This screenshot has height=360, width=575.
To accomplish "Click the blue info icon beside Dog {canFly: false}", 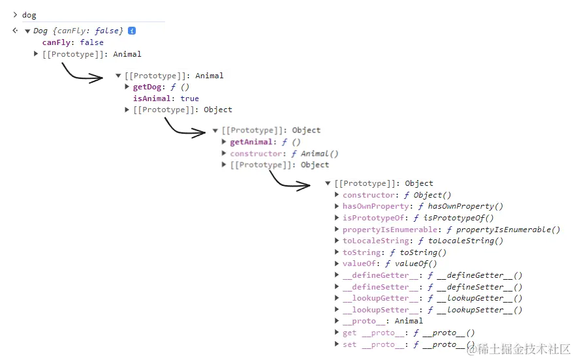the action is tap(132, 31).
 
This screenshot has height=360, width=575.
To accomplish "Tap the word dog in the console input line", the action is tap(29, 15).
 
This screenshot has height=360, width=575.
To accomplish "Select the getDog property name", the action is tap(147, 87).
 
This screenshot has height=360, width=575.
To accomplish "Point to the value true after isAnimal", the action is tap(189, 98).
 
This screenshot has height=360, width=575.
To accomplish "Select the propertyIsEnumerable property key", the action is tap(389, 230).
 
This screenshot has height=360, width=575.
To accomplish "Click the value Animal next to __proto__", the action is tap(409, 321).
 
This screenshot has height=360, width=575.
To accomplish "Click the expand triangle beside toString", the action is tap(337, 252).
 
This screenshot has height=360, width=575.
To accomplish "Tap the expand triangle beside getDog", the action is tap(127, 87).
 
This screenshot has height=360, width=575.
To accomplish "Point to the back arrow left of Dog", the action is tap(16, 31).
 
